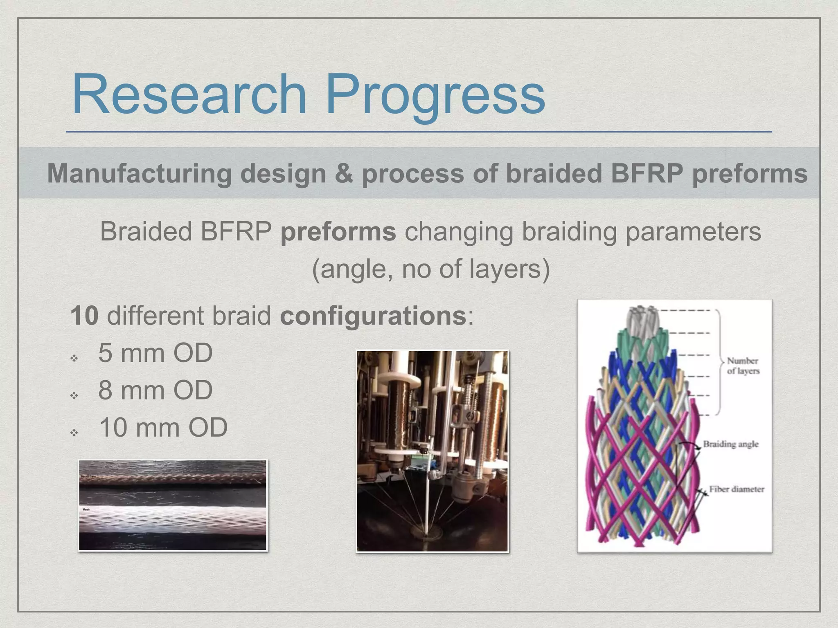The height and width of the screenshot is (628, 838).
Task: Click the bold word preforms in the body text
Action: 338,231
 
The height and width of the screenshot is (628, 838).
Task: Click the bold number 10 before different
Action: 84,316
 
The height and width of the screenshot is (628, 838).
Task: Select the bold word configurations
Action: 373,316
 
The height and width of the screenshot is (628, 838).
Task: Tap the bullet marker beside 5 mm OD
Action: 74,359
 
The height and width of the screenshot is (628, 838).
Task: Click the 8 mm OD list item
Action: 155,390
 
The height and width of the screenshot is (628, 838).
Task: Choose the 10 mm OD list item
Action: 163,428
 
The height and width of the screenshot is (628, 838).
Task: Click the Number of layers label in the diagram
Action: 743,366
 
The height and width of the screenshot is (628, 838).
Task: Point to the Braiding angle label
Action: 730,444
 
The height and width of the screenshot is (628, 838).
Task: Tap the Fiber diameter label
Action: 737,489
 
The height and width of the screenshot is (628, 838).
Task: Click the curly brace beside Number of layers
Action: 719,362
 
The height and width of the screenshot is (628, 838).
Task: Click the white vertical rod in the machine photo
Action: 429,482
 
